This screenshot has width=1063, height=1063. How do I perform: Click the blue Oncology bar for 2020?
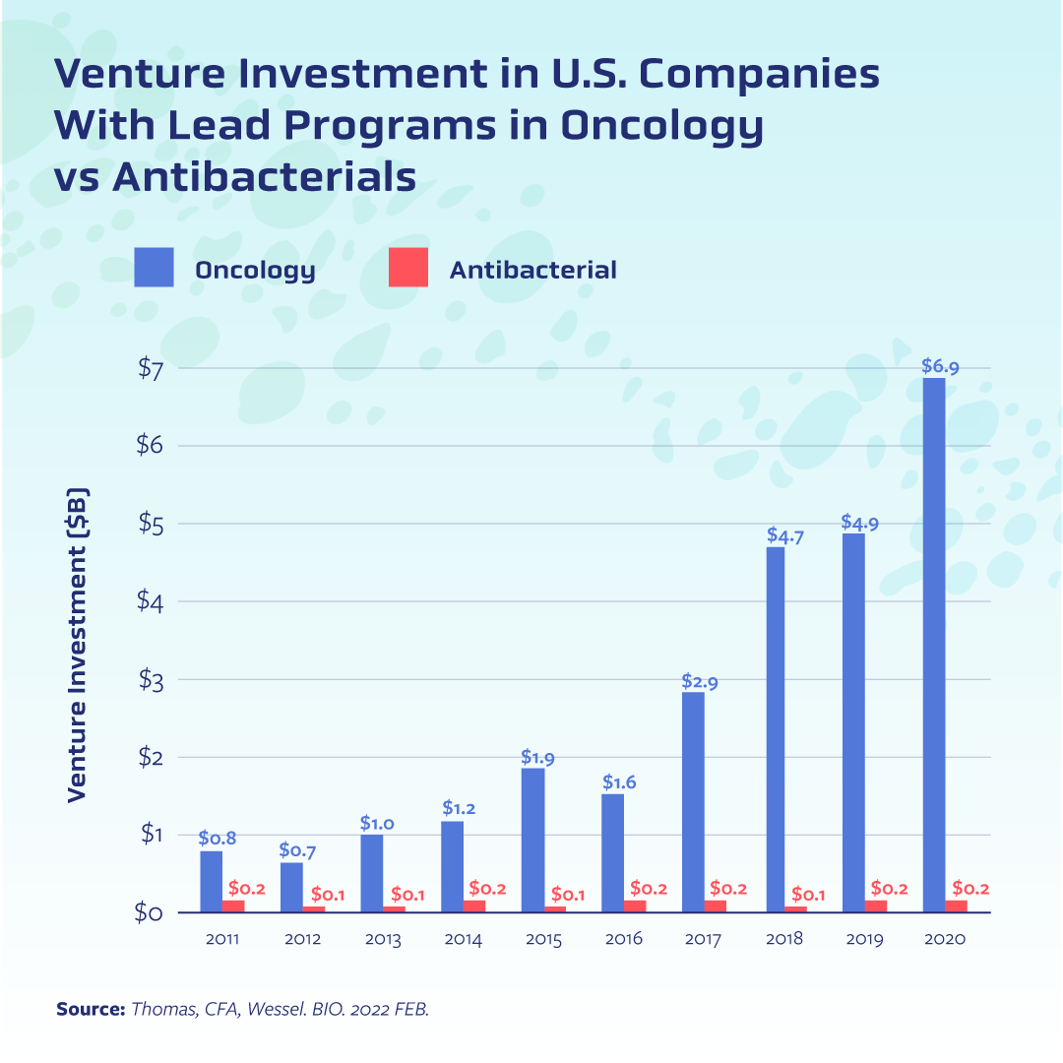click(934, 645)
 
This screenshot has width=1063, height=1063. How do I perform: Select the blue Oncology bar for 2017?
click(694, 802)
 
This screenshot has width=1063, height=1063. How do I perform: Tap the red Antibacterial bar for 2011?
click(233, 907)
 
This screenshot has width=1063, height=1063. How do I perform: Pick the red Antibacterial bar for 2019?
click(876, 907)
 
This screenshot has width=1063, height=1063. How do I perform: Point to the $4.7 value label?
click(785, 537)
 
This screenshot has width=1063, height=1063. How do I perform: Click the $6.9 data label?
click(940, 366)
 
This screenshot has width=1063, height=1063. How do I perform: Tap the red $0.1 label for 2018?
click(809, 896)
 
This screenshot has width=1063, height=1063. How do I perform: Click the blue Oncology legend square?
click(154, 268)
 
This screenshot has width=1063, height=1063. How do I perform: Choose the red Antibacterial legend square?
click(408, 268)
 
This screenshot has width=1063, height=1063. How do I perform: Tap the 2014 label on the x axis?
click(463, 939)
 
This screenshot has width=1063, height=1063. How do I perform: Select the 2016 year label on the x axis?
click(623, 939)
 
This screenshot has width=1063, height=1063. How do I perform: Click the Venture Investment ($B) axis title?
click(79, 645)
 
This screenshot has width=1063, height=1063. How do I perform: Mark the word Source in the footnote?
click(89, 1009)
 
